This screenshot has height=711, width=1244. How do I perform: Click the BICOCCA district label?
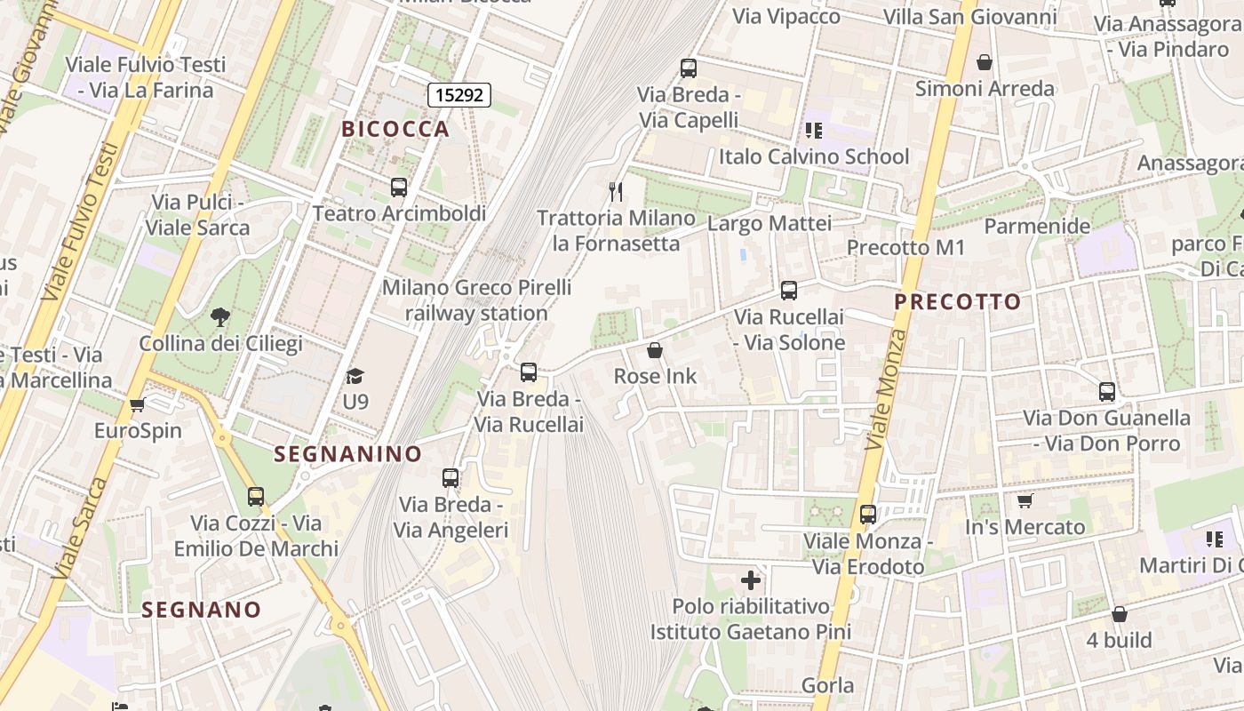(395, 129)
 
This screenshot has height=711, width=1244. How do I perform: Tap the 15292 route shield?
(459, 94)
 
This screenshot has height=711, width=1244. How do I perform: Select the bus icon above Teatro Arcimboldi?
(399, 188)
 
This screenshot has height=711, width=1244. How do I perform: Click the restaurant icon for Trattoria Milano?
(616, 190)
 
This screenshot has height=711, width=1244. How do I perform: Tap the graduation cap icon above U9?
(355, 377)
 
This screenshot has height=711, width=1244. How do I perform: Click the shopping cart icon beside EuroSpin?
(137, 405)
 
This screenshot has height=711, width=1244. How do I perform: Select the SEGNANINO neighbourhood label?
(347, 454)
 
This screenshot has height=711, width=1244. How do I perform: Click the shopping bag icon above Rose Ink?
(655, 351)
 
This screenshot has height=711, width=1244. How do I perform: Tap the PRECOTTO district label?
(957, 302)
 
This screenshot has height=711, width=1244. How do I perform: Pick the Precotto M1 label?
(905, 248)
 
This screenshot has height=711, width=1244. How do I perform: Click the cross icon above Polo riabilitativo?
(751, 581)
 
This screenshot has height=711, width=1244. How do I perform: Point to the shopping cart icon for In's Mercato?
(1025, 501)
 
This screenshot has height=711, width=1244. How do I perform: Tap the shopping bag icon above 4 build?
(1120, 614)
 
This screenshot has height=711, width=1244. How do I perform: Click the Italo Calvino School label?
(814, 157)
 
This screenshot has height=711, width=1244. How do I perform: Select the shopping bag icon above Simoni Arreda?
(985, 62)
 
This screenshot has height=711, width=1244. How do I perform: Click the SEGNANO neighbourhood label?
(202, 610)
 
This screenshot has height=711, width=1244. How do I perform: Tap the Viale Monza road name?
(886, 389)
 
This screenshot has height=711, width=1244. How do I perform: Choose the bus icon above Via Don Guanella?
(1107, 392)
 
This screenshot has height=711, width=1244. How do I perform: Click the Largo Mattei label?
(770, 223)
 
